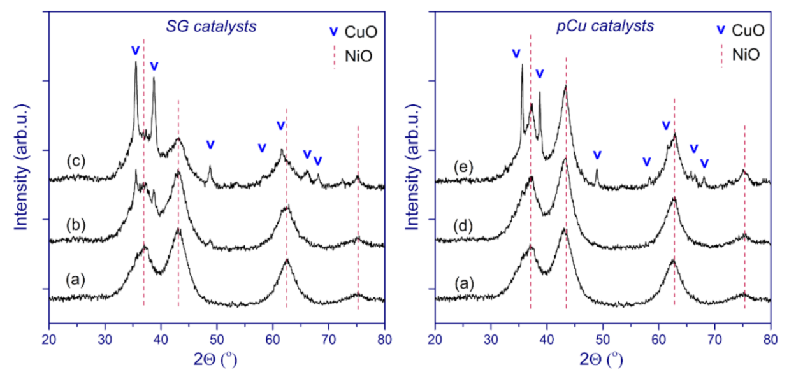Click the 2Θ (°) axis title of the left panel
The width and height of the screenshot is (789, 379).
tap(217, 359)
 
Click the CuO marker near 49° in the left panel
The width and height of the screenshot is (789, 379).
tap(210, 145)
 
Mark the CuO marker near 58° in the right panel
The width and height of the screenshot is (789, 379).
tap(647, 161)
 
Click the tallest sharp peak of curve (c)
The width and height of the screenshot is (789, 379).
tap(135, 62)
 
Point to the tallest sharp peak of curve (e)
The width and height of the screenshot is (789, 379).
tap(522, 65)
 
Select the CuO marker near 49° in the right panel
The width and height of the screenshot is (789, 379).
tap(597, 155)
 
